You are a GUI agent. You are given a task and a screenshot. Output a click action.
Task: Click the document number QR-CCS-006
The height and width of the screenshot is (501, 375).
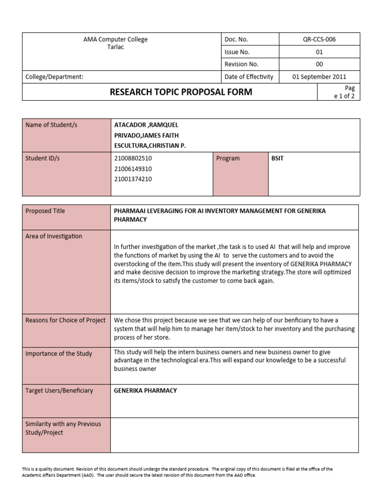tap(319, 40)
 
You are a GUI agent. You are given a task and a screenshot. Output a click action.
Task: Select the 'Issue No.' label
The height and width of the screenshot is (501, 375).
tap(237, 52)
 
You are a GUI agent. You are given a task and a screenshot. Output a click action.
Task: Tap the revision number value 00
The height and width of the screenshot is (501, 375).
tap(319, 64)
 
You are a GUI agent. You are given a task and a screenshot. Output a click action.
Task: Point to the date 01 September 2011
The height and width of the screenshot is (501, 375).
tap(319, 77)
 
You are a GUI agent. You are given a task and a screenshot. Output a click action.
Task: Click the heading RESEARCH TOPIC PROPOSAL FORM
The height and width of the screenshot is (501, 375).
tap(181, 91)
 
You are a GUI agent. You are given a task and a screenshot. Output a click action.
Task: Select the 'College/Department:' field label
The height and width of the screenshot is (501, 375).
tap(54, 77)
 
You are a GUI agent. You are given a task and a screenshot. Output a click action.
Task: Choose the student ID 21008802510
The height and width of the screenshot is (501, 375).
tap(133, 159)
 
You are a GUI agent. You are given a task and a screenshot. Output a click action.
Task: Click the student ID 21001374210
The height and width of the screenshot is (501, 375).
tap(133, 179)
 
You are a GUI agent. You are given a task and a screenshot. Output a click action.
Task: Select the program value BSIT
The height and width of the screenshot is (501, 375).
tap(277, 159)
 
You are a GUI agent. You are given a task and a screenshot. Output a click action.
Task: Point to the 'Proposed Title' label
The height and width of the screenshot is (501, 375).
tap(45, 211)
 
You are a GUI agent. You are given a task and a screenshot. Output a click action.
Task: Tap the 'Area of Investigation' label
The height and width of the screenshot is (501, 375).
tap(54, 236)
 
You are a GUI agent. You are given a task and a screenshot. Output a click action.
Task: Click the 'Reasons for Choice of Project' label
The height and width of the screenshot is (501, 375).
tap(65, 320)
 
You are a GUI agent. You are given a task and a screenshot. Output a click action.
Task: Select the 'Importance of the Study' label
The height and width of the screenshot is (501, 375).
tap(59, 354)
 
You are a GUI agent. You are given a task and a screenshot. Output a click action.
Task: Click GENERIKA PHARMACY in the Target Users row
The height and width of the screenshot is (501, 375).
tap(146, 390)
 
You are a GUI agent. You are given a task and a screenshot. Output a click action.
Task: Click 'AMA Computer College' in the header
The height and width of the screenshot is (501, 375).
tap(116, 39)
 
